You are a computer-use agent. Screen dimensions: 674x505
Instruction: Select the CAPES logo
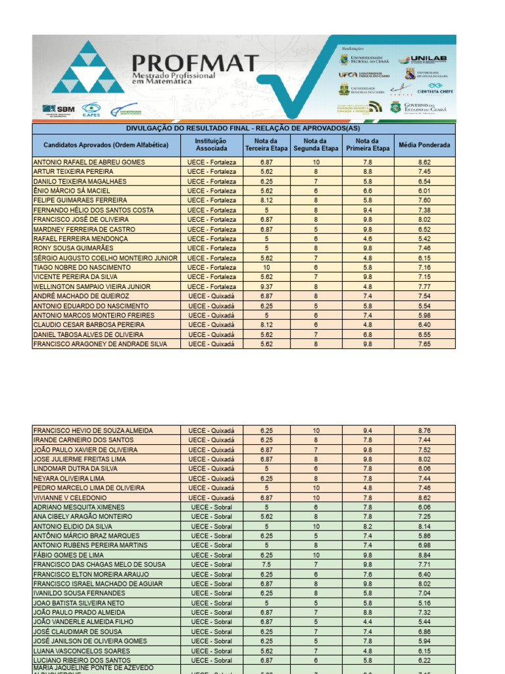click(x=90, y=109)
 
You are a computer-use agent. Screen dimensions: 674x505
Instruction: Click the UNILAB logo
click(x=431, y=59)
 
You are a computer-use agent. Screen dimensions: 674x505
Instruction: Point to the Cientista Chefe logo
click(x=432, y=88)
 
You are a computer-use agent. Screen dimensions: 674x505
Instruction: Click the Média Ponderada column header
click(x=424, y=145)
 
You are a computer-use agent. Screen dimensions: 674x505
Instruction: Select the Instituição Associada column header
click(x=211, y=145)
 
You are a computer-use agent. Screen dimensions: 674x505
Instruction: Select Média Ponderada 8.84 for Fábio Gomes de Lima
click(x=424, y=556)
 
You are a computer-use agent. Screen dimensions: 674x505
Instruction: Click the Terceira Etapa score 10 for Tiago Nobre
click(x=266, y=268)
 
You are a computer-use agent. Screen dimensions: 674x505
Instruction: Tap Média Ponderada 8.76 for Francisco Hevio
click(x=424, y=430)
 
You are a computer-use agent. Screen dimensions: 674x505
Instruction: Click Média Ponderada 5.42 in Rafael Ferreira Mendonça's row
click(x=424, y=239)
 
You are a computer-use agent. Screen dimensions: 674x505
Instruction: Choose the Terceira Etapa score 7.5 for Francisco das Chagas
click(x=266, y=565)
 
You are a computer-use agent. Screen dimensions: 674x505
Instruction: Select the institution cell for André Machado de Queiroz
click(x=211, y=297)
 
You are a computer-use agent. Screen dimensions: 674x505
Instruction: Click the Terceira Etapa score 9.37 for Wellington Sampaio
click(x=266, y=287)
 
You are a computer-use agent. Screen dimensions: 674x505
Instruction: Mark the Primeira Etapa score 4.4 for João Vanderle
click(x=368, y=622)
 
